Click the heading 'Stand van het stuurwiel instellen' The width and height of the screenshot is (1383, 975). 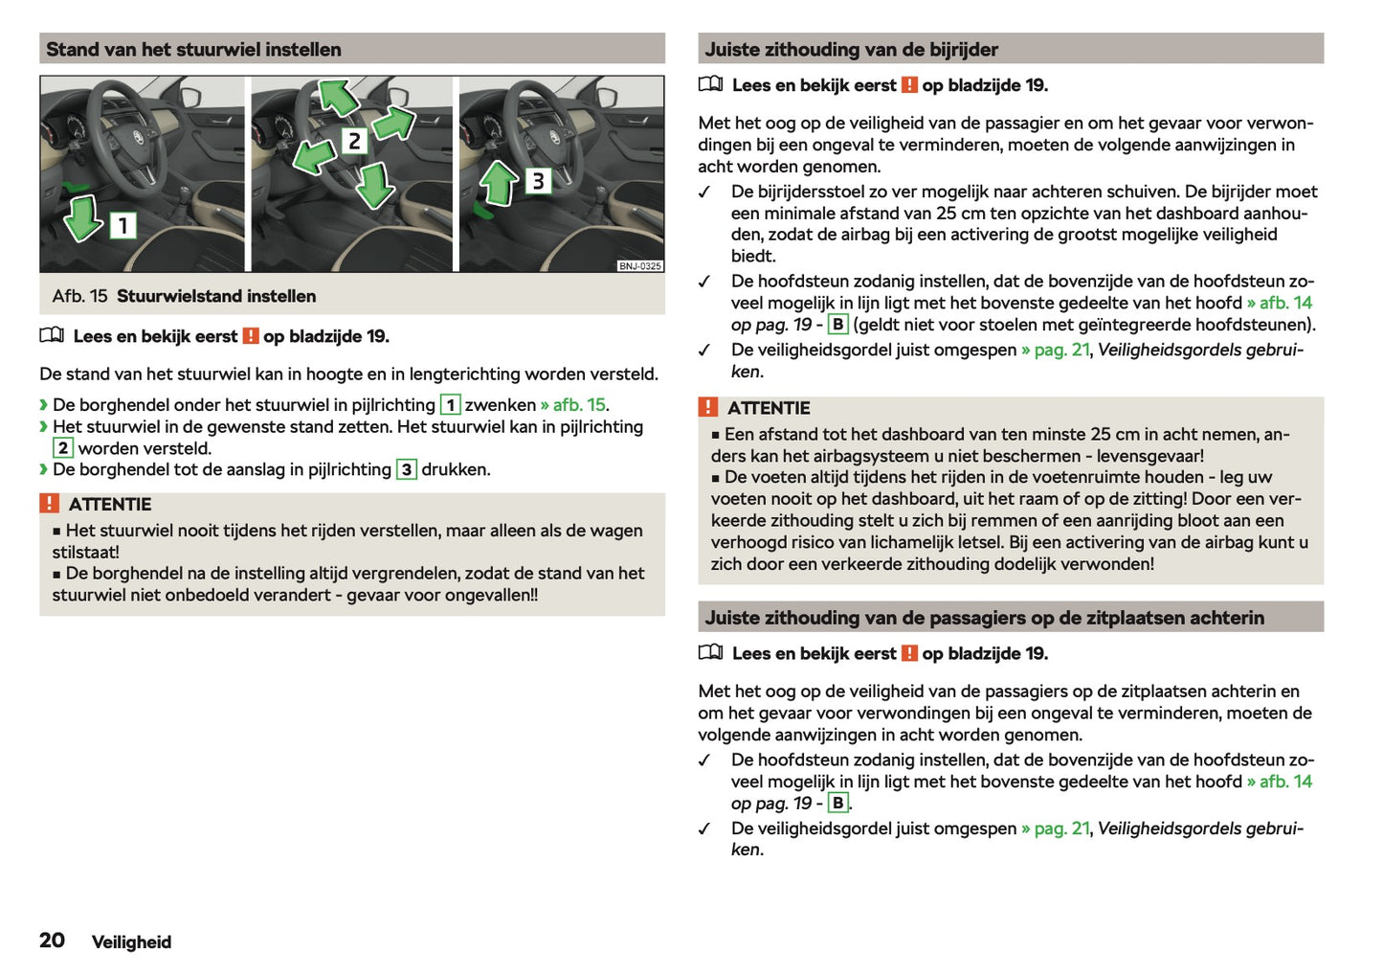click(193, 50)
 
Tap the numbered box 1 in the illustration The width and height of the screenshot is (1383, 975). click(123, 226)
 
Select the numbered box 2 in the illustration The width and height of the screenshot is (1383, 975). click(354, 142)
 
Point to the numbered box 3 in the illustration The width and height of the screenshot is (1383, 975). click(538, 181)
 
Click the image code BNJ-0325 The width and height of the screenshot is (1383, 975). click(639, 266)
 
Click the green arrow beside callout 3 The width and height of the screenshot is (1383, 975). click(498, 183)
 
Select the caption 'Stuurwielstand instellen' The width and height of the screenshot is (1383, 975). click(216, 297)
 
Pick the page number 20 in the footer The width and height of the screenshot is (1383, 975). click(52, 941)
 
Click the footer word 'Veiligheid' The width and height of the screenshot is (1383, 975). click(131, 942)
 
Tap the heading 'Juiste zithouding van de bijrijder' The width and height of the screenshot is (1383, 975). click(851, 50)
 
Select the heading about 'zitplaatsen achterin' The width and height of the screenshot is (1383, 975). click(984, 618)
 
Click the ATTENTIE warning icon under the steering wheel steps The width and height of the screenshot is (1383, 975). click(50, 504)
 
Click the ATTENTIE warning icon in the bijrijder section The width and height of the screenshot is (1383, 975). click(708, 407)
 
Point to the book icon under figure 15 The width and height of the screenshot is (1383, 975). click(52, 336)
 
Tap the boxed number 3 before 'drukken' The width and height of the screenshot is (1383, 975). click(407, 470)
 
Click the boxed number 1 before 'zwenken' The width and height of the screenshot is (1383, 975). click(450, 405)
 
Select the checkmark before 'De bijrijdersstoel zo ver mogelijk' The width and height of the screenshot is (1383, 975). click(705, 193)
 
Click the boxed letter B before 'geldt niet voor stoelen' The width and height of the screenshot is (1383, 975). click(837, 325)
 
